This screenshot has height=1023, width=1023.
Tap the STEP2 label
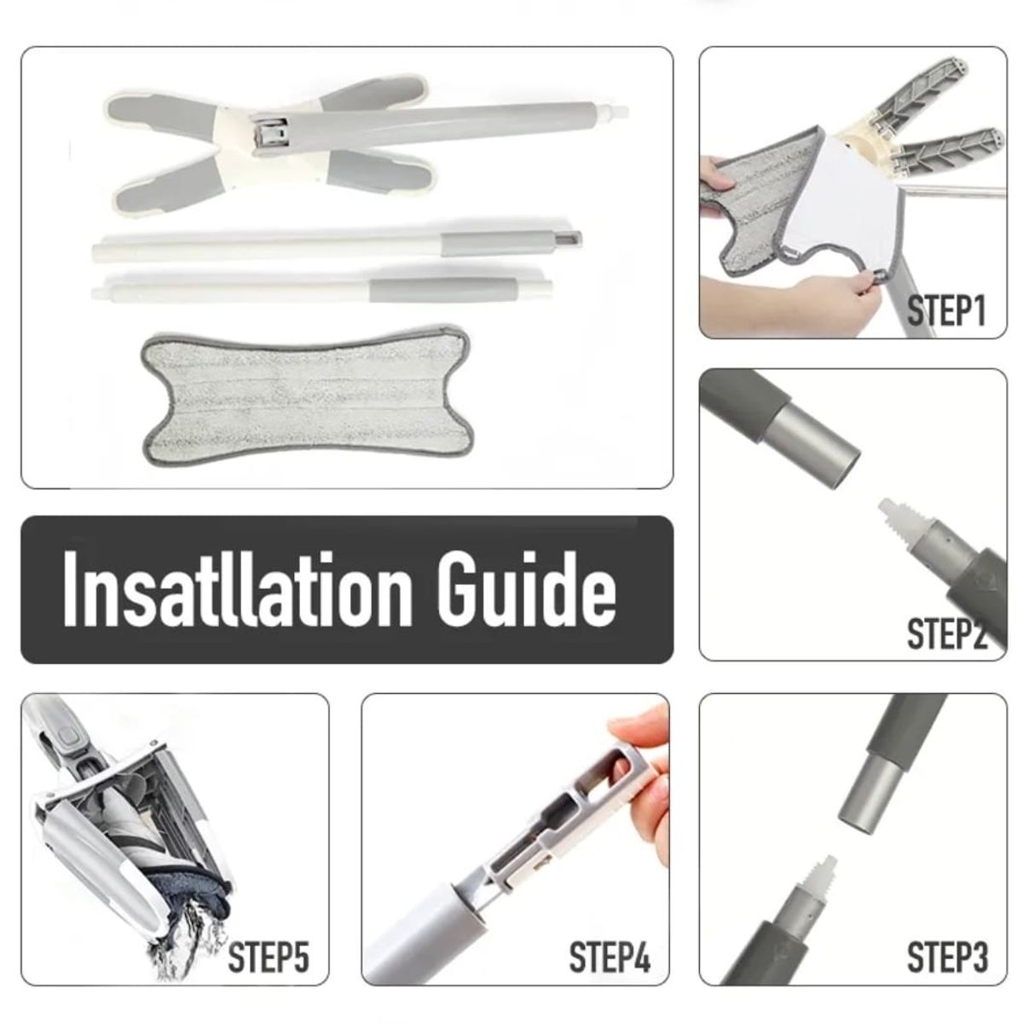(x=946, y=633)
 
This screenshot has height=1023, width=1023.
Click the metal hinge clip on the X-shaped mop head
(x=271, y=138)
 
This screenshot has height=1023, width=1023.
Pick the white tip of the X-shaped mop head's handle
(x=616, y=112)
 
